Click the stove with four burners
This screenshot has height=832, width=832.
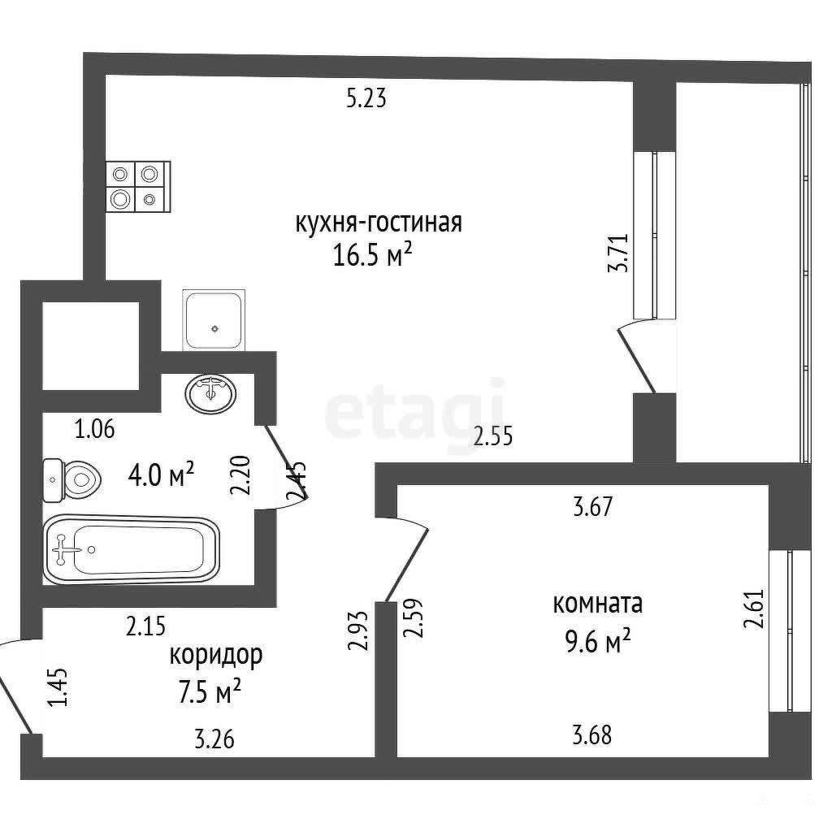[138, 187]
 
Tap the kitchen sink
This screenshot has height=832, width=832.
[214, 320]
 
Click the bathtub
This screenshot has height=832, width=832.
[132, 550]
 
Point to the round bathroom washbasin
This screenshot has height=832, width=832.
[211, 394]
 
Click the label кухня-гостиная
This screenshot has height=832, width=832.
[379, 223]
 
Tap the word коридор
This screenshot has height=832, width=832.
[216, 656]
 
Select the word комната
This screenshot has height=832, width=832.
[597, 604]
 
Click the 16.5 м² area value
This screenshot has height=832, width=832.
[372, 254]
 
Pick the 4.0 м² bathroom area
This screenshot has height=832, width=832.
[162, 474]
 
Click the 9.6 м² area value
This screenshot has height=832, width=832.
[597, 642]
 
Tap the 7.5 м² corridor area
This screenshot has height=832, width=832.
[210, 692]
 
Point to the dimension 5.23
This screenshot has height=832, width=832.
[366, 98]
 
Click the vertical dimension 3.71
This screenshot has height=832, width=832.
[618, 253]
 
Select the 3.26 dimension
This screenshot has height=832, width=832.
[214, 739]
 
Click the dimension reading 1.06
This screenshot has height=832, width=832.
[94, 429]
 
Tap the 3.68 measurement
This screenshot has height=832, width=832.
[591, 735]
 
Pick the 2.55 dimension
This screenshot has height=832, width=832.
[493, 436]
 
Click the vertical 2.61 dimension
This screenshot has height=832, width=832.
[754, 609]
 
